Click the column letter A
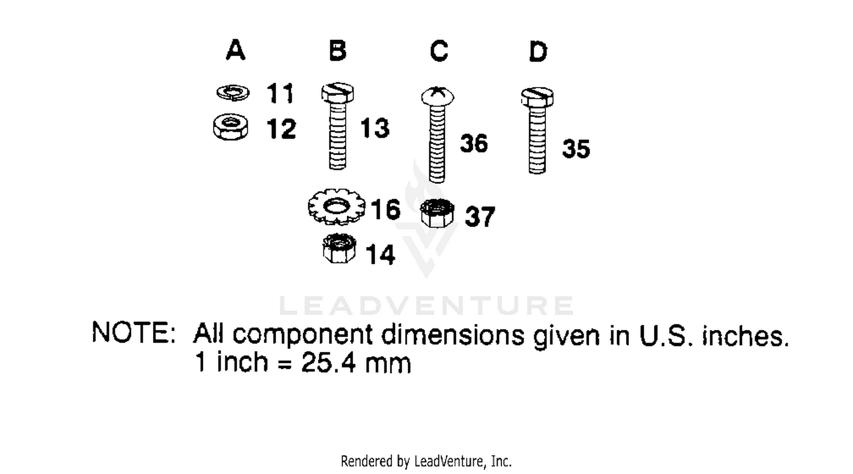coord(235,50)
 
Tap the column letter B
coord(338,50)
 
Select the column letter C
coord(438,51)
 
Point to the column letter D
coord(538,51)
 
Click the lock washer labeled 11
coord(233,93)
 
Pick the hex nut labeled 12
coord(231,127)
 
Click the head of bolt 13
coord(337,93)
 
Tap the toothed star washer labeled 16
coord(336,207)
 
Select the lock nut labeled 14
coord(339,248)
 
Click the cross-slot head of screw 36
coord(437,96)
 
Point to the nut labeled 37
coord(437,213)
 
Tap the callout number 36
coord(474,143)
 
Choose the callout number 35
coord(575,149)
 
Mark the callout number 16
coord(386,209)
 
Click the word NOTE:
coord(134,332)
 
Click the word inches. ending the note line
coord(745,336)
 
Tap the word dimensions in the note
coord(453,335)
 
